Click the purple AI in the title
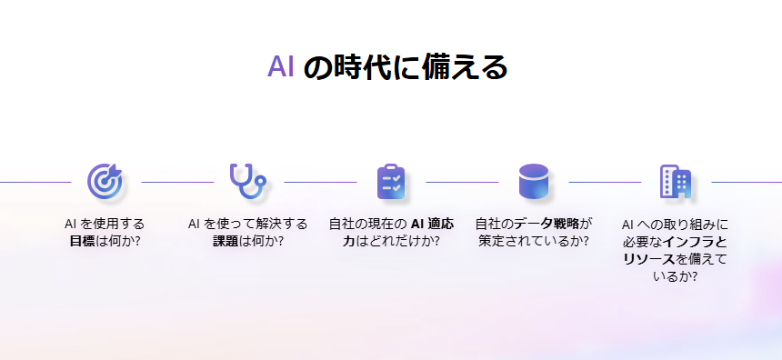click(280, 66)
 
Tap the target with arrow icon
click(105, 181)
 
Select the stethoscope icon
click(247, 180)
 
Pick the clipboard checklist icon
click(390, 181)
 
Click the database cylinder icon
click(534, 181)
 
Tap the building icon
click(676, 181)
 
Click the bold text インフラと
click(696, 241)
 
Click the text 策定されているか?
click(533, 241)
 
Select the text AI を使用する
click(105, 223)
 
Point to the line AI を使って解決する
click(247, 223)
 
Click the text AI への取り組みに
click(675, 223)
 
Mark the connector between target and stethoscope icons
click(176, 182)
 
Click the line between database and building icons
click(605, 182)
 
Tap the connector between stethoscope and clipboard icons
click(319, 182)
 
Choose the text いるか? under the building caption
click(676, 277)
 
